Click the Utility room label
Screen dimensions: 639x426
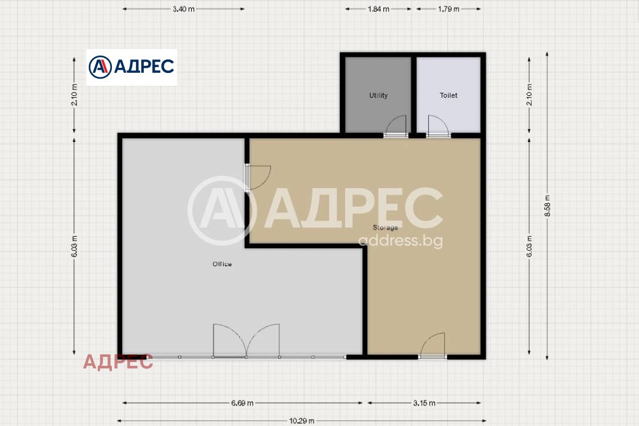click(x=378, y=95)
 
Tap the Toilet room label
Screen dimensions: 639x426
click(x=449, y=95)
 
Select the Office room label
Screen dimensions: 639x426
click(x=222, y=264)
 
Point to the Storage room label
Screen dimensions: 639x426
click(x=385, y=228)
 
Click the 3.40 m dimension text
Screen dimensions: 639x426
click(x=183, y=9)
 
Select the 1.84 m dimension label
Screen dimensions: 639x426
click(x=378, y=9)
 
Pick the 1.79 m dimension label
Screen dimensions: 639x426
click(x=449, y=9)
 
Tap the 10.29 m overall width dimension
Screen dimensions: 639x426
click(x=302, y=421)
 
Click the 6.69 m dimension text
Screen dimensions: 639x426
click(x=242, y=403)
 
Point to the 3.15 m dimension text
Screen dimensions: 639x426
click(x=424, y=403)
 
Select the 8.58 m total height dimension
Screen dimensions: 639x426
click(x=548, y=206)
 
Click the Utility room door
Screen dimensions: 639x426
click(x=396, y=125)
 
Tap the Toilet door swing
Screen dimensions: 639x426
click(x=438, y=125)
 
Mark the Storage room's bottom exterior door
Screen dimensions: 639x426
click(x=433, y=345)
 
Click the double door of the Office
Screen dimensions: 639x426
click(x=247, y=341)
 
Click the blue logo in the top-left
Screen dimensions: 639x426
click(x=131, y=67)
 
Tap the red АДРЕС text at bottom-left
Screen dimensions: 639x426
click(x=118, y=362)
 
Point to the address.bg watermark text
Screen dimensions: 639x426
click(x=401, y=241)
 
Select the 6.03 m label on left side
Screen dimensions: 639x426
click(x=74, y=246)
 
